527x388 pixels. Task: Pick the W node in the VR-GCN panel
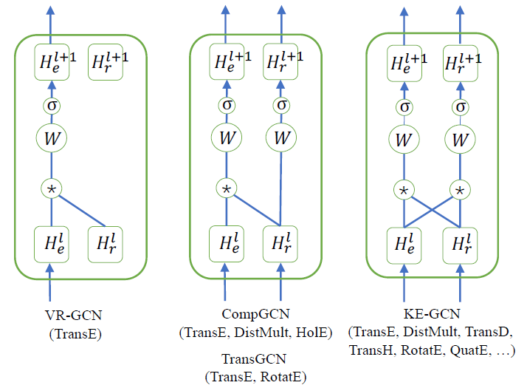(51, 137)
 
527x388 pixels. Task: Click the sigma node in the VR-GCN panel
(51, 106)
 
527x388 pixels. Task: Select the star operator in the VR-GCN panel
(51, 188)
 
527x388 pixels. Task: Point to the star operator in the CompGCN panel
(226, 188)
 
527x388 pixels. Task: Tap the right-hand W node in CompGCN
(281, 137)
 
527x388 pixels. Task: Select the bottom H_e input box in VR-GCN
(51, 244)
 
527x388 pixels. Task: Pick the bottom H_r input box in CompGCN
(281, 244)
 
